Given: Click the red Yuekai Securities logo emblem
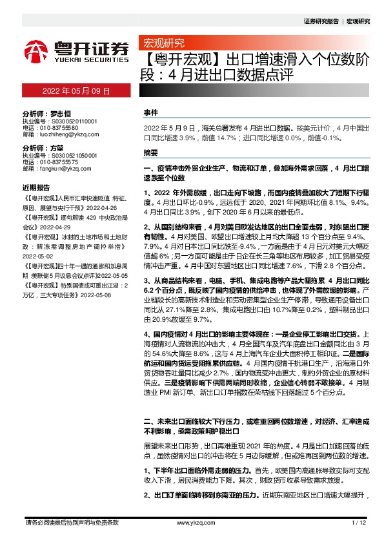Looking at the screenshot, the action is click(x=35, y=49).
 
